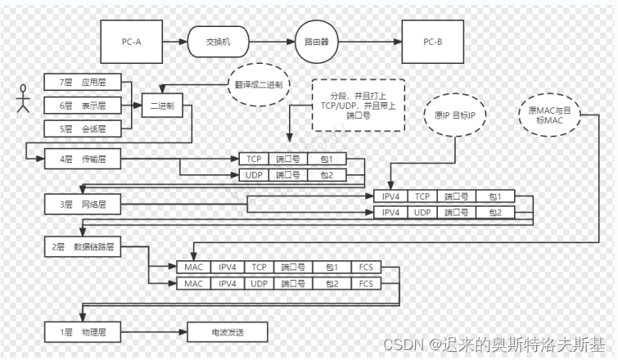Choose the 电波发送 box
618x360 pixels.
(228, 332)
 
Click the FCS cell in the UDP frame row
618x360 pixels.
(366, 283)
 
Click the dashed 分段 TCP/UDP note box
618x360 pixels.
(359, 106)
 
